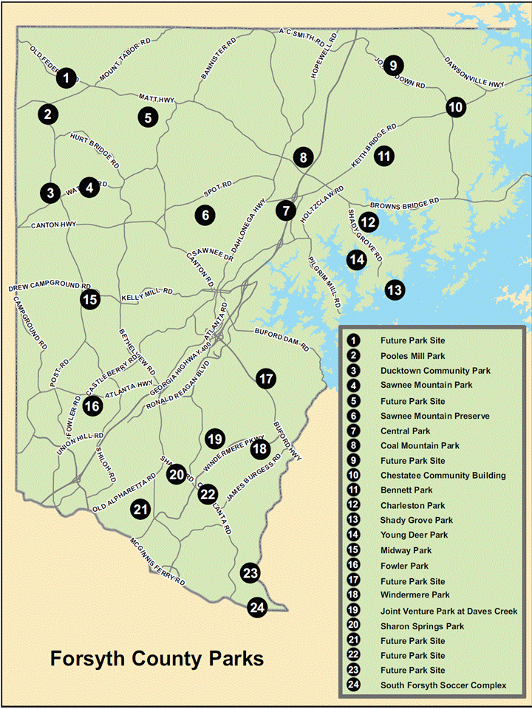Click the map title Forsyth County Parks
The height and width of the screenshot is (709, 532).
tap(157, 658)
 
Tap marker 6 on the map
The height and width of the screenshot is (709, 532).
tap(205, 215)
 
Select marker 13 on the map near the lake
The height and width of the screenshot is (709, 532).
tap(395, 290)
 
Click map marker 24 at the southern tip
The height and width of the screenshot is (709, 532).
tap(257, 607)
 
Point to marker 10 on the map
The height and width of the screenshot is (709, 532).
tap(456, 107)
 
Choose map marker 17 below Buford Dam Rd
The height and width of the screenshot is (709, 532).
tap(266, 379)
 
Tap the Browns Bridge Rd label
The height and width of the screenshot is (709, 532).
tap(404, 201)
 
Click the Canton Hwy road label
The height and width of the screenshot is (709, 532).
tap(53, 225)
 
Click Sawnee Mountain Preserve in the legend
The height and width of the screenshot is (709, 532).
tap(434, 417)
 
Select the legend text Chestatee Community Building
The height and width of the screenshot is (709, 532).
tap(443, 476)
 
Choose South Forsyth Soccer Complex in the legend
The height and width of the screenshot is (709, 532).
tap(443, 685)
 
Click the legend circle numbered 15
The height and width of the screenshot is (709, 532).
tap(354, 550)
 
